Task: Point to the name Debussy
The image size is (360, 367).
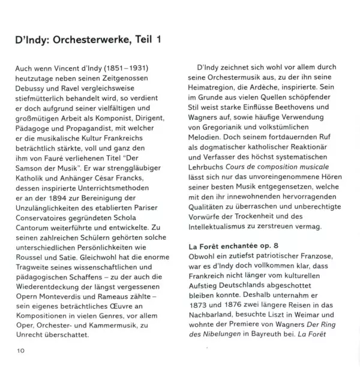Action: [x=32, y=91]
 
